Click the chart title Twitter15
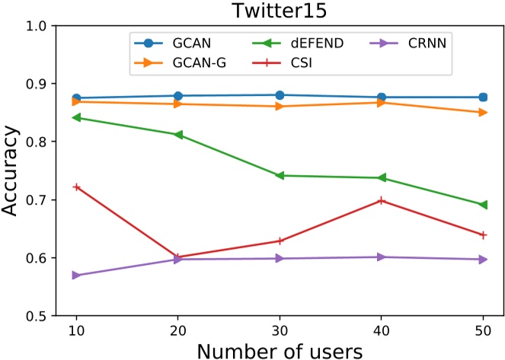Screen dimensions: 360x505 pyautogui.click(x=279, y=11)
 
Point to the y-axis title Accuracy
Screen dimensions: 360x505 pyautogui.click(x=13, y=170)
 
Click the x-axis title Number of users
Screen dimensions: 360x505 pyautogui.click(x=279, y=349)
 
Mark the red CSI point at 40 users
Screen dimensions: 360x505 pyautogui.click(x=381, y=200)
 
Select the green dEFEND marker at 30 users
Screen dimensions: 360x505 pyautogui.click(x=279, y=176)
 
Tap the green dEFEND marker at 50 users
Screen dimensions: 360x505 pyautogui.click(x=483, y=205)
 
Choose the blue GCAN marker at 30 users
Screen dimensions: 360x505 pyautogui.click(x=279, y=95)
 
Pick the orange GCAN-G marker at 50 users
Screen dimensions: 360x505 pyautogui.click(x=483, y=113)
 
